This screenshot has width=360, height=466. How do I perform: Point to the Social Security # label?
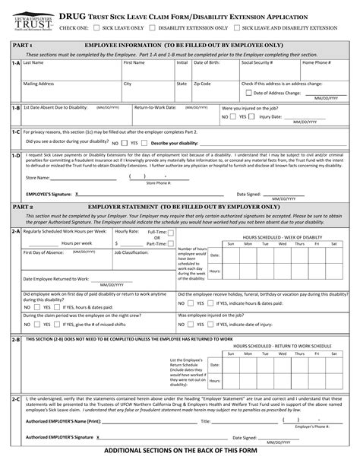[257, 63]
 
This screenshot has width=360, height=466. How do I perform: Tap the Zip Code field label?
[202, 84]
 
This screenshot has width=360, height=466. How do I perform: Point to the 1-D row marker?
[15, 155]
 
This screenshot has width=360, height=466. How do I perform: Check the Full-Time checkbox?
[174, 231]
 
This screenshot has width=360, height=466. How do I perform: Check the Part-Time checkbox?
[174, 243]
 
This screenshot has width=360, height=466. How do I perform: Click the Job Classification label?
[131, 252]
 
